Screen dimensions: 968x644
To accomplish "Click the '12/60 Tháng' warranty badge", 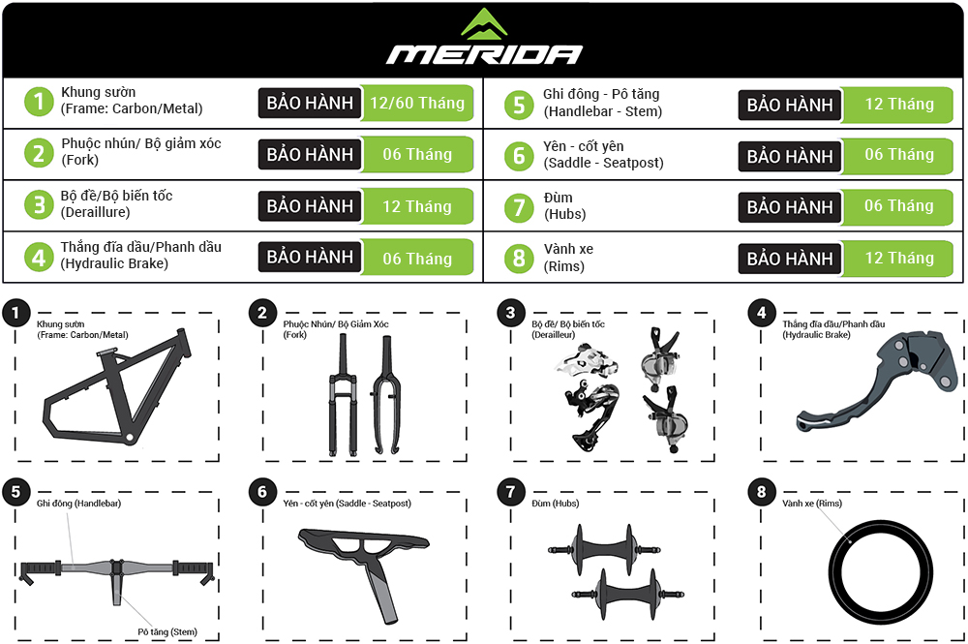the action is (x=416, y=103).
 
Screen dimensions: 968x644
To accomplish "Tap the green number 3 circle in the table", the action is (x=39, y=205).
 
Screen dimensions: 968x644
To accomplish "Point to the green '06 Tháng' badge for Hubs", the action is (x=898, y=206).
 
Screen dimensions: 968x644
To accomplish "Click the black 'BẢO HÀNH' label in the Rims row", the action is (x=790, y=259).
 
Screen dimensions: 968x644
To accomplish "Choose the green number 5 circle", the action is (x=519, y=105).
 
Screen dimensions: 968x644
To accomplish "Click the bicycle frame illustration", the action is (x=117, y=387).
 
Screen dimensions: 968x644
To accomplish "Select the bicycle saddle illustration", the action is (x=364, y=544).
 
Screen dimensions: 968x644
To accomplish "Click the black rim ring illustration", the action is (x=880, y=572).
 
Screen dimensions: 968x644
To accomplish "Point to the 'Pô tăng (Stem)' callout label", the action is (x=167, y=631).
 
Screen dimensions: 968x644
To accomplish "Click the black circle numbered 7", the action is (x=510, y=492).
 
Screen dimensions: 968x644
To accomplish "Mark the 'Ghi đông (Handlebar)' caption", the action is (x=78, y=504).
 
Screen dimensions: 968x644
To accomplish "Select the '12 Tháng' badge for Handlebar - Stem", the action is (x=898, y=105).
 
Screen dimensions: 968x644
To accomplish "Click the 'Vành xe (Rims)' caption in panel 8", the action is (x=812, y=504).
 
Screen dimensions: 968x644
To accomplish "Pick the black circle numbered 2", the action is (x=261, y=313).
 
